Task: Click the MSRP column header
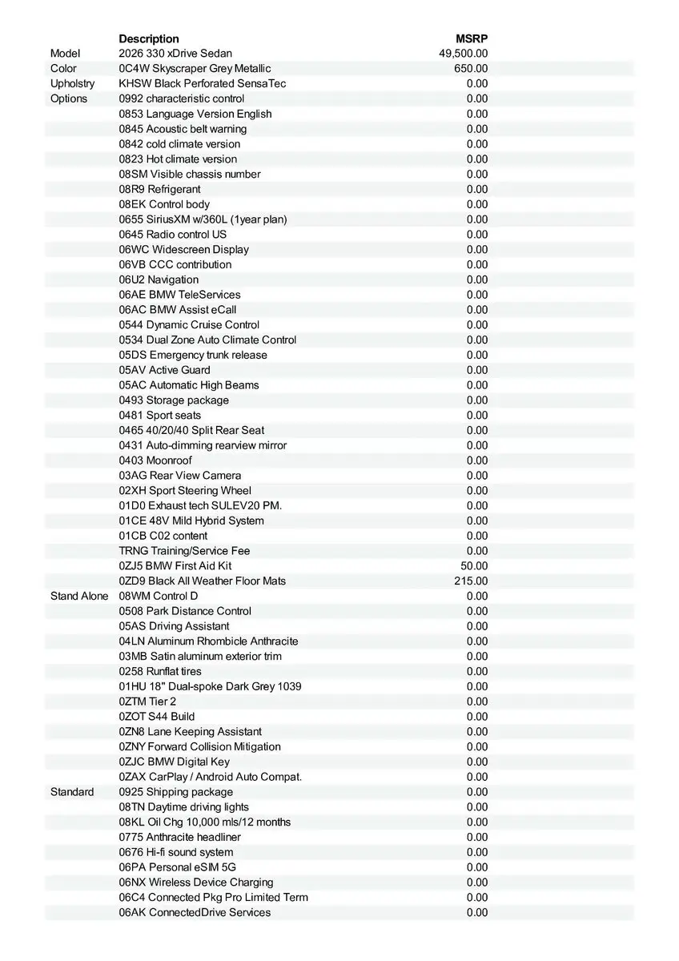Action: pos(472,38)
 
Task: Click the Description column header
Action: pos(149,38)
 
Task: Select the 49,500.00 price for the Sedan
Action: pos(464,54)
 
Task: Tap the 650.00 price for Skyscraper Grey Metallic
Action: pos(471,69)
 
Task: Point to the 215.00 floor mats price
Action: pos(471,581)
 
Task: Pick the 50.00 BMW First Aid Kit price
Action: pos(474,565)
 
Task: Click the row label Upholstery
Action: pos(72,83)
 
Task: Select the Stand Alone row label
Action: pos(79,596)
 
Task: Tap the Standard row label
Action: pos(72,792)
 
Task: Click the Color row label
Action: pos(63,69)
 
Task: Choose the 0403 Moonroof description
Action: pos(155,460)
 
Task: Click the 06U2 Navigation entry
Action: pos(159,279)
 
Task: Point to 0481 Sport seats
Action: pos(160,415)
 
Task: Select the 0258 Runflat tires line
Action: pos(160,671)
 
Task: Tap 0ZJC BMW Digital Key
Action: pos(174,762)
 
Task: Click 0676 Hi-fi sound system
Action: pos(176,852)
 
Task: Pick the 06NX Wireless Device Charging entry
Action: pos(196,883)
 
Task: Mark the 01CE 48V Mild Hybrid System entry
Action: pos(191,521)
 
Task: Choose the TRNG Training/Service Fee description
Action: pos(184,551)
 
